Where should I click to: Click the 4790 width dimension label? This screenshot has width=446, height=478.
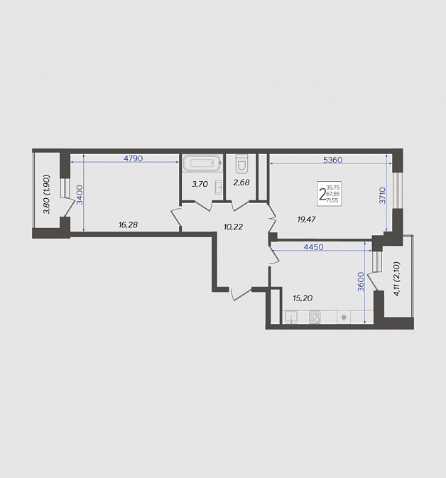coord(134,158)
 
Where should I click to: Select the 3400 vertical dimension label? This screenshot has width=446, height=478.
coord(80,195)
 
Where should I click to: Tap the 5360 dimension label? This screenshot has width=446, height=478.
coord(332,160)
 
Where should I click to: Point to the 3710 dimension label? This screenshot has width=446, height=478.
coord(382,195)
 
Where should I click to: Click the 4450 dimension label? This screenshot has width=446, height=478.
coord(313,247)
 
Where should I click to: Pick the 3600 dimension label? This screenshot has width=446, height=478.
coord(361,282)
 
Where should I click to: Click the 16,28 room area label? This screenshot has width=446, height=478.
coord(128,225)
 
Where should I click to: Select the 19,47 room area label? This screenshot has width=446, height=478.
coord(306,219)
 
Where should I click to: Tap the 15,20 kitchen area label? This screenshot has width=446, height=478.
coord(303,298)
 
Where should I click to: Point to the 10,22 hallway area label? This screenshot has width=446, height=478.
coord(233,227)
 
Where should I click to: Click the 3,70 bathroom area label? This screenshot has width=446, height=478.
coord(200,184)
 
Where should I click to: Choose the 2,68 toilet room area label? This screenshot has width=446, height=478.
coord(241,183)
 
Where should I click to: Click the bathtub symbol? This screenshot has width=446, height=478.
coord(202,163)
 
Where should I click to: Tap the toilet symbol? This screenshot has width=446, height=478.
coord(241,163)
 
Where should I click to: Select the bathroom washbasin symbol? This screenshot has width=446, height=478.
coord(219,188)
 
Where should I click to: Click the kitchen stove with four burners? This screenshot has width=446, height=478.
coord(315,317)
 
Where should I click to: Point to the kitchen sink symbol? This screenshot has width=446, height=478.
coord(292,317)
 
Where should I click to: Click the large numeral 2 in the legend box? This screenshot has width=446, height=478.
coord(322,194)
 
